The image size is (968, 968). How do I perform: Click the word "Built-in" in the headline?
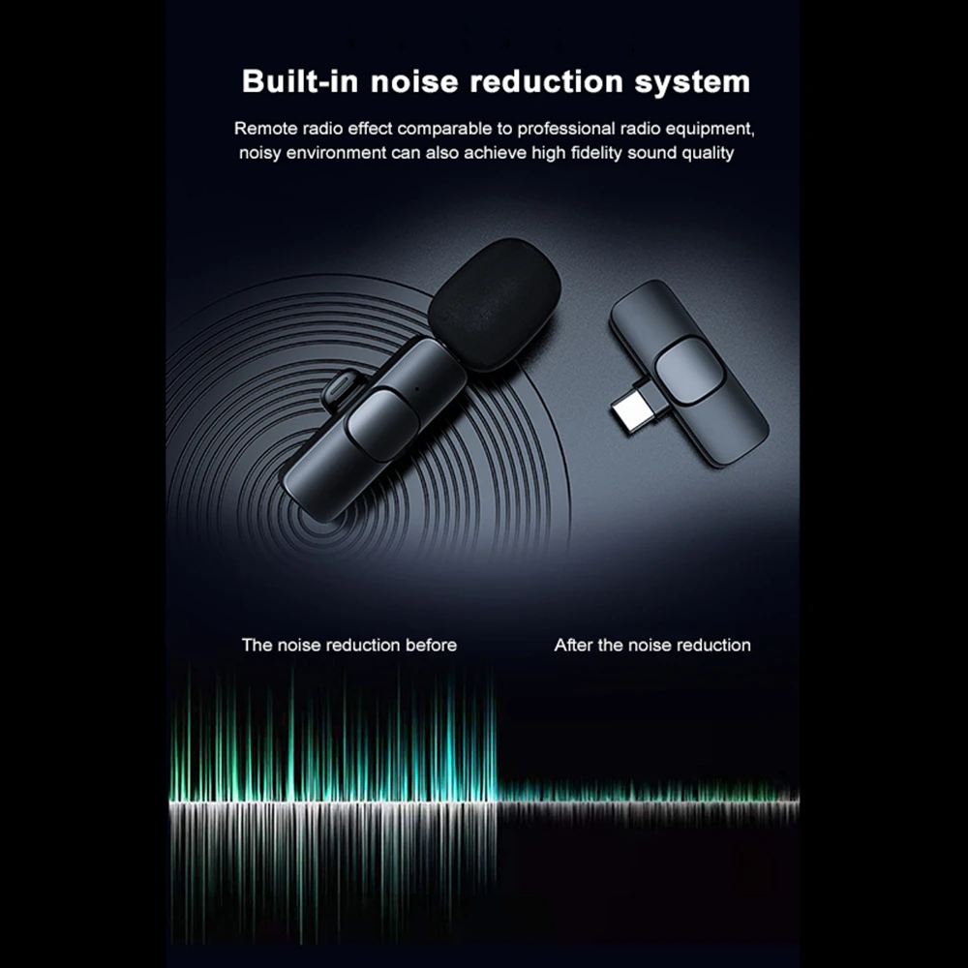tap(300, 81)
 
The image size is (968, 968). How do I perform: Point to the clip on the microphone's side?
tap(344, 388)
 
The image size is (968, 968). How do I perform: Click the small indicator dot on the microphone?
tap(418, 389)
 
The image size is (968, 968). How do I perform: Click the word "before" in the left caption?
tap(431, 645)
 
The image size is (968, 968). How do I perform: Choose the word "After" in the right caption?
tap(573, 645)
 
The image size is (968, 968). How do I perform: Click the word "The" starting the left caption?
tap(257, 645)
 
